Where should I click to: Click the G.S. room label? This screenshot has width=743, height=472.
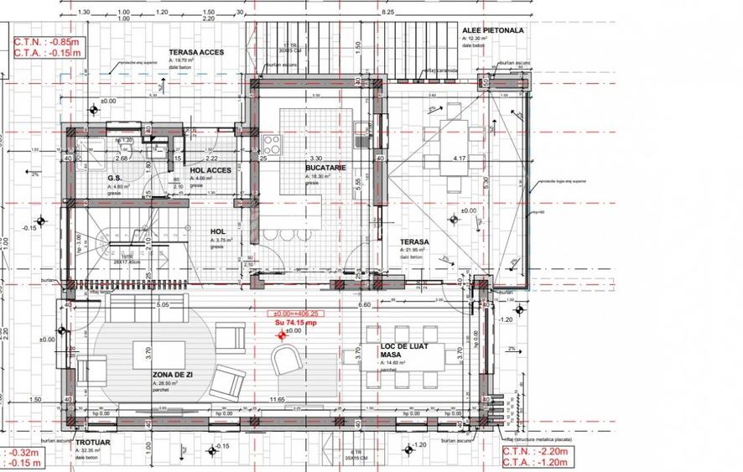(x=115, y=178)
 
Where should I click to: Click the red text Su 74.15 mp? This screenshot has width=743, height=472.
(x=296, y=322)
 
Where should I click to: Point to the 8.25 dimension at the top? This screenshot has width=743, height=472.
(x=388, y=12)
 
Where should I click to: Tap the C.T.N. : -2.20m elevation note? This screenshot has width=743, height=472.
(x=536, y=450)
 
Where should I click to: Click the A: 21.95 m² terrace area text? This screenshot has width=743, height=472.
(x=413, y=250)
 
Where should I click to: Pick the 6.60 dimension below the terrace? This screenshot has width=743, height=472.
(x=365, y=305)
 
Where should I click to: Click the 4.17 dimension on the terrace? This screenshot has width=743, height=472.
(x=460, y=158)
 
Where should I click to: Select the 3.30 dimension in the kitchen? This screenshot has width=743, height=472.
(x=315, y=158)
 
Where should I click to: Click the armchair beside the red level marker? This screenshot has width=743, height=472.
(x=285, y=360)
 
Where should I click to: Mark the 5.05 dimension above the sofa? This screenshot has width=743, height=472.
(x=164, y=305)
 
